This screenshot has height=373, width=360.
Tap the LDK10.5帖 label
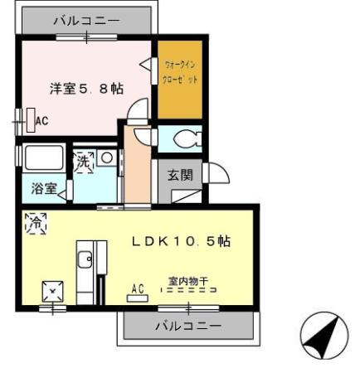click(182, 240)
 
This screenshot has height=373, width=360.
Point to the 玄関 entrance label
click(179, 175)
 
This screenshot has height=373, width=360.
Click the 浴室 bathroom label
click(44, 188)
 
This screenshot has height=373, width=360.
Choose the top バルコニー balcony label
click(86, 19)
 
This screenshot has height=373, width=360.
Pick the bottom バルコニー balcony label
click(188, 326)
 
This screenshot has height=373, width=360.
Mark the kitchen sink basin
click(85, 260)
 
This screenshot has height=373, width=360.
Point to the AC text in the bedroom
click(41, 121)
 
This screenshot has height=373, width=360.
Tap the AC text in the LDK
click(139, 288)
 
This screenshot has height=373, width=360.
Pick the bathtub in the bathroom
click(44, 157)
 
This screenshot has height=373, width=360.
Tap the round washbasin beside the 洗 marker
click(106, 157)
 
